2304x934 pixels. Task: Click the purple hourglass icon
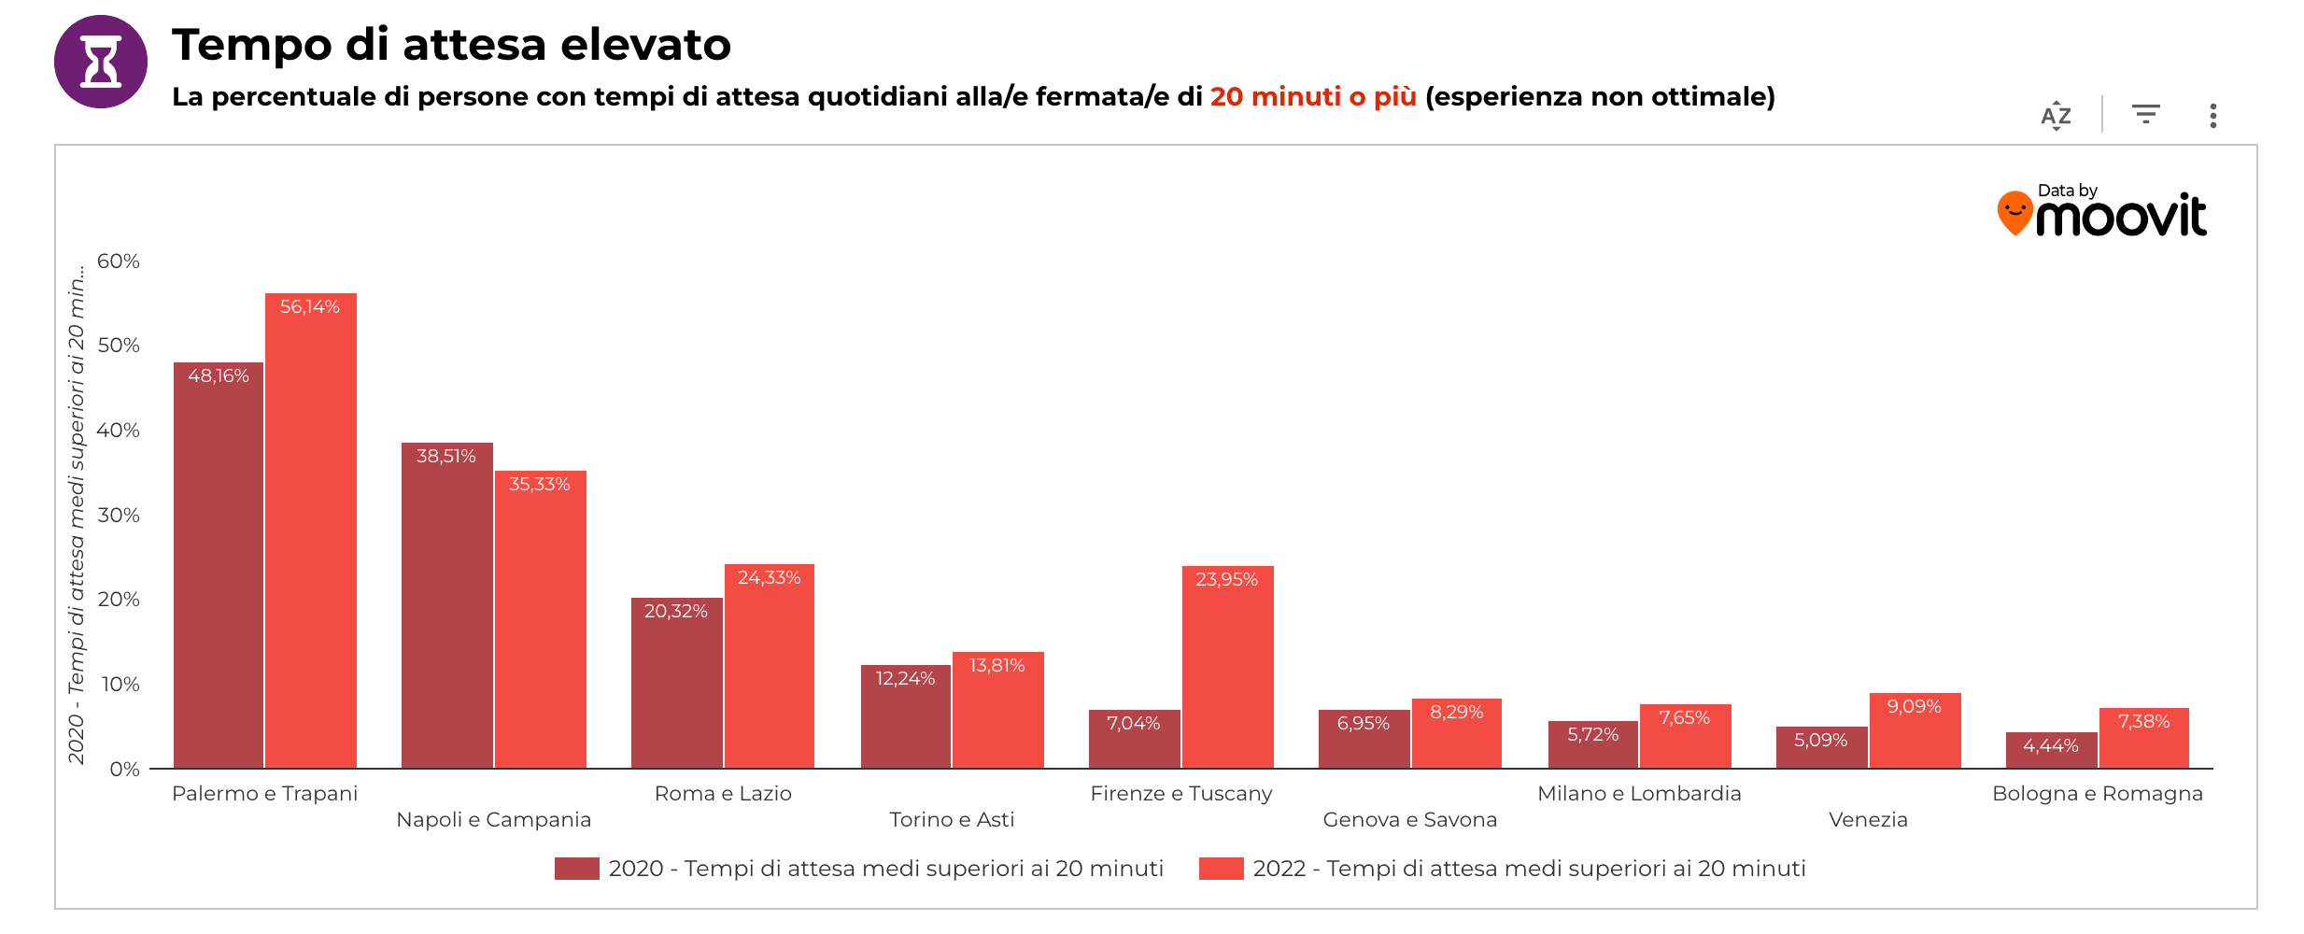101,62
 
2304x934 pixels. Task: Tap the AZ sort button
2056,116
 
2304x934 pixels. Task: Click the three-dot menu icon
2212,116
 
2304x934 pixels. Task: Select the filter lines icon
2145,114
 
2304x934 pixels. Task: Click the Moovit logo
2101,212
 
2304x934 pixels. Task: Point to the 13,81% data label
997,666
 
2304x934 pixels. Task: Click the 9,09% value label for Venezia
1914,707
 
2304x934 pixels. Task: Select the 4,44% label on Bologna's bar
2050,746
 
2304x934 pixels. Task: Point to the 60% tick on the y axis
119,262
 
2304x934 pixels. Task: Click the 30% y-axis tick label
119,516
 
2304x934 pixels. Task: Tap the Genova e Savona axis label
1409,820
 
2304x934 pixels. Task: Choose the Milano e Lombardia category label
1639,794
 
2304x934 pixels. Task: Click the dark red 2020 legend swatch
576,869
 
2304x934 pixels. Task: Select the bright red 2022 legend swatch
1221,869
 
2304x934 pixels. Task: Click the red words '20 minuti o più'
1312,97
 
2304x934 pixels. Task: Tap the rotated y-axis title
77,514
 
